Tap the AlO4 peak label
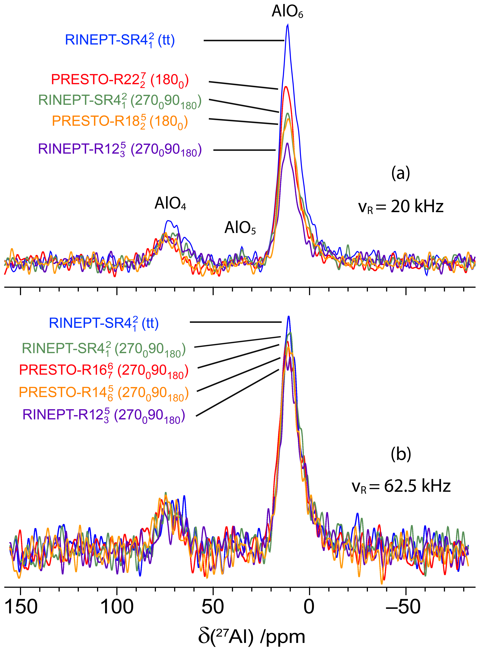pyautogui.click(x=170, y=203)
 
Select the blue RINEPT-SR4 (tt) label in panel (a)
pyautogui.click(x=120, y=40)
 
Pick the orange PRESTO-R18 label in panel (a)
pyautogui.click(x=120, y=121)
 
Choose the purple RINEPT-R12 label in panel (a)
pyautogui.click(x=120, y=150)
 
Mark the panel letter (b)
pyautogui.click(x=401, y=454)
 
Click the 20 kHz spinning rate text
pyautogui.click(x=401, y=207)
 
